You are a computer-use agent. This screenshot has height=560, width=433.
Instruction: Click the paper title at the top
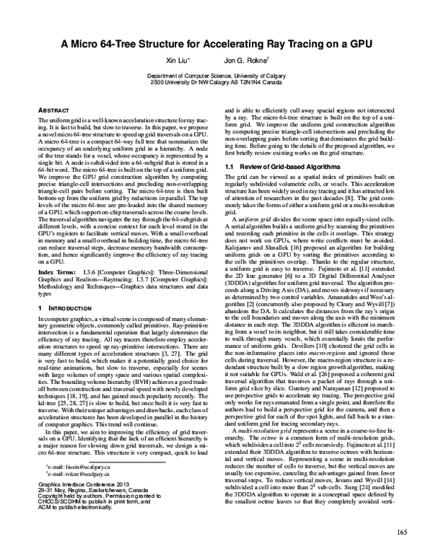pos(216,43)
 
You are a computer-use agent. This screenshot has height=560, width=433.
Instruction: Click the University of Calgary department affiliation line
pos(216,75)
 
